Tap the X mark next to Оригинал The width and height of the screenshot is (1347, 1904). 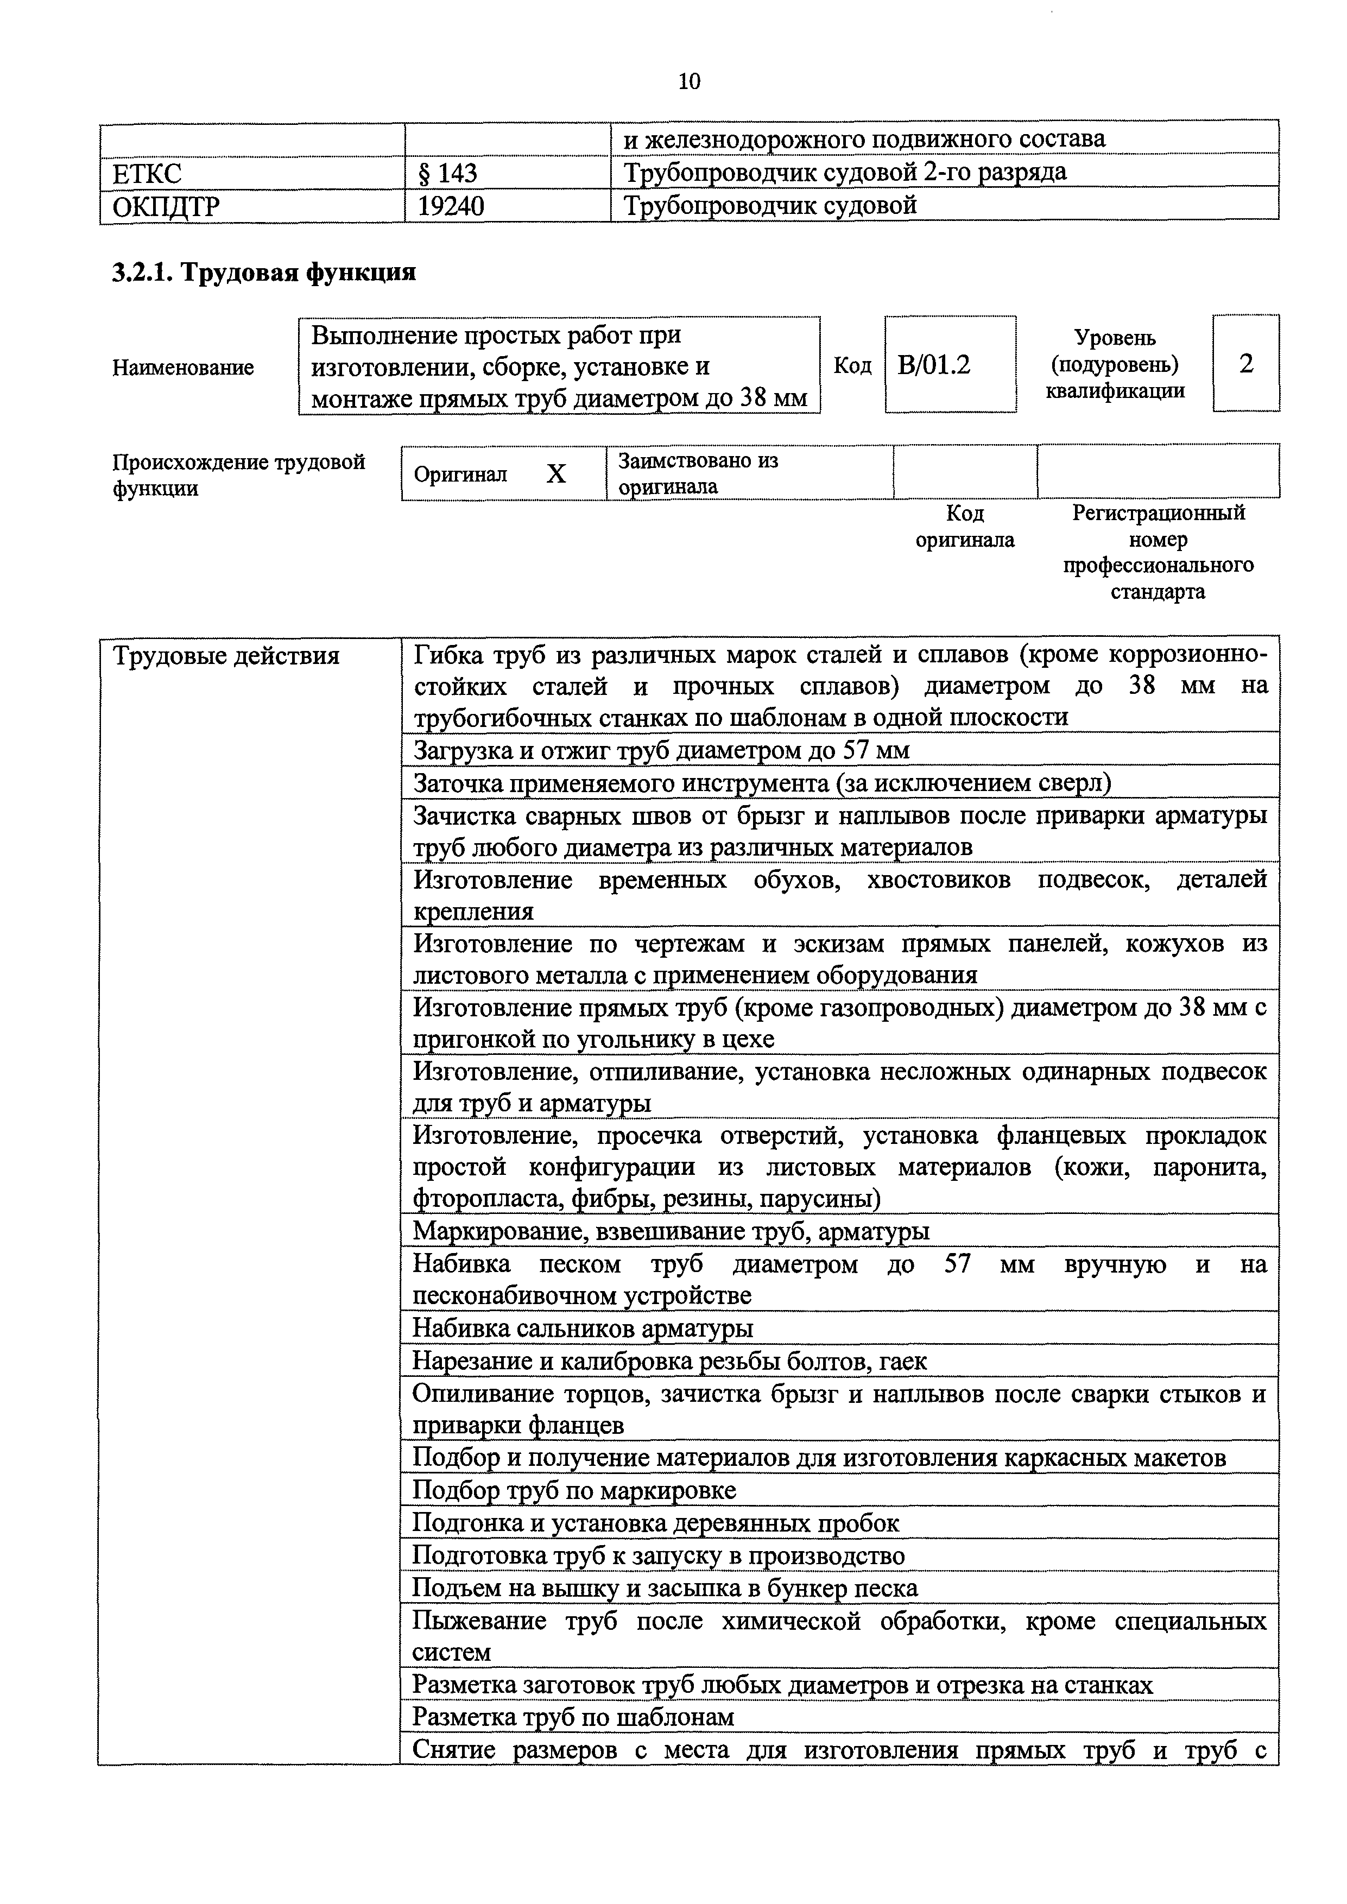556,473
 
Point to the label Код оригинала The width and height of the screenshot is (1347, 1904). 965,527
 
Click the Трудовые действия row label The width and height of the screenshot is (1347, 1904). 226,656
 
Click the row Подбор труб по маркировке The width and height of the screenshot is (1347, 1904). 574,1491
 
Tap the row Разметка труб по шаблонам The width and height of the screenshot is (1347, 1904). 573,1717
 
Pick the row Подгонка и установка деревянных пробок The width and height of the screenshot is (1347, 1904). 655,1523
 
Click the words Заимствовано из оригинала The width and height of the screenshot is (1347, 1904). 698,473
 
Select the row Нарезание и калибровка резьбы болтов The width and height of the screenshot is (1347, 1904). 669,1361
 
